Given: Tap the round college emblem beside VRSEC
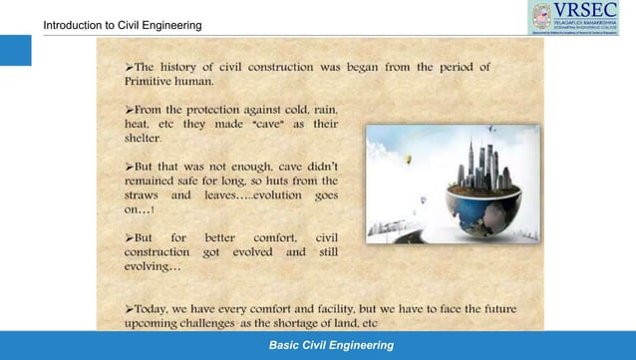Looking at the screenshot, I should tap(542, 17).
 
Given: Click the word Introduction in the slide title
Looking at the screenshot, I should tap(73, 24).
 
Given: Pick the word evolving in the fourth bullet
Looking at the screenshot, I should tap(151, 267).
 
